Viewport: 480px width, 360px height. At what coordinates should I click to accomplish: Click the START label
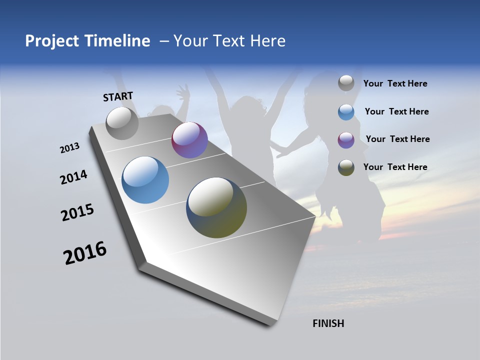coord(118,96)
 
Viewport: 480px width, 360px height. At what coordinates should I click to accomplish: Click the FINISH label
coord(328,323)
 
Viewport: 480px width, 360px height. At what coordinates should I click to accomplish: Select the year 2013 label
coord(69,148)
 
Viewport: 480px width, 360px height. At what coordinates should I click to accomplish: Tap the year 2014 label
coord(73,177)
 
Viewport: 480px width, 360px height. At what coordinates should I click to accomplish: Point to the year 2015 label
coord(77,212)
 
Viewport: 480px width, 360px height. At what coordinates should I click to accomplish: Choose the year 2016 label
coord(85,253)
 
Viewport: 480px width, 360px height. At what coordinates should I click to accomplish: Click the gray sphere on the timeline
coord(122,123)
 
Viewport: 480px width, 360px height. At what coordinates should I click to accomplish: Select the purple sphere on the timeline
coord(189,140)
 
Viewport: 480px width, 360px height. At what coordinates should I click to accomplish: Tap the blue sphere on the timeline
coord(145,180)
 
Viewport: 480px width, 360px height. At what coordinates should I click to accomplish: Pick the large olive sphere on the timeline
coord(216,207)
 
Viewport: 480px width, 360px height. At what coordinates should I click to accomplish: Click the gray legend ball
coord(346,83)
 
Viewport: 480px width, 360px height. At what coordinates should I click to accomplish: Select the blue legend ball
coord(346,112)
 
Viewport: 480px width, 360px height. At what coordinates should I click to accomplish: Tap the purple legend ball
coord(346,140)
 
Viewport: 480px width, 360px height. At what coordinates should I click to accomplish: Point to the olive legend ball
coord(346,167)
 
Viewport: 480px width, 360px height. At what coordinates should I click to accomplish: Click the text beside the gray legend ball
coord(395,84)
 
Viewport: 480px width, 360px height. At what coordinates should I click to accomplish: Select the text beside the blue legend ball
coord(396,111)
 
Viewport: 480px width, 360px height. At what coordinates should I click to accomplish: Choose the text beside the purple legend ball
coord(397,139)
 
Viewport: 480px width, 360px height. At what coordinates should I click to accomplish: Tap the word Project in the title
coord(51,41)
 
